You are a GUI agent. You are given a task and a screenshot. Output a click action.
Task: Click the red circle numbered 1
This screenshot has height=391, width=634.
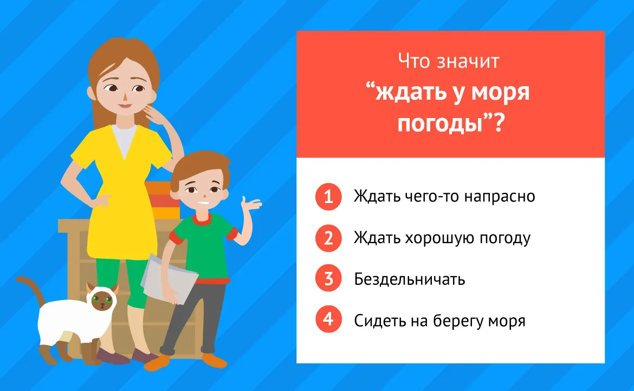(x=328, y=197)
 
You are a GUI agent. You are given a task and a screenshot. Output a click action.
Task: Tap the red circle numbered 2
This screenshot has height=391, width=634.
(x=328, y=238)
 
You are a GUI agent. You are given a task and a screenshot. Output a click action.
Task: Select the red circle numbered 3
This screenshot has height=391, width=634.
(x=328, y=278)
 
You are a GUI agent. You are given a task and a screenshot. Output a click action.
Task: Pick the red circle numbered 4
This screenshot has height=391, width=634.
(x=328, y=319)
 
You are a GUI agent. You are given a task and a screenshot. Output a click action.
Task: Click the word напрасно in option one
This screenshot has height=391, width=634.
(x=500, y=197)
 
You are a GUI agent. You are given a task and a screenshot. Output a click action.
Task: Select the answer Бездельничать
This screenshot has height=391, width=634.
(x=410, y=279)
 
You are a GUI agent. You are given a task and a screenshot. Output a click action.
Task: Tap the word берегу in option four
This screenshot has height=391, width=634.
(x=458, y=321)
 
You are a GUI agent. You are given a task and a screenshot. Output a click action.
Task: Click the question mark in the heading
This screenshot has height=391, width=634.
(x=498, y=123)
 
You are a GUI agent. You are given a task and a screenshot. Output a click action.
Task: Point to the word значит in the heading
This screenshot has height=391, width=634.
(x=468, y=61)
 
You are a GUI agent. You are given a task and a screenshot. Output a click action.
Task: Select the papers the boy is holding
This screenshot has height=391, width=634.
(x=169, y=278)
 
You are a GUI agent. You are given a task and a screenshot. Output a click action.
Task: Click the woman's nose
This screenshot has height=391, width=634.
(x=125, y=97)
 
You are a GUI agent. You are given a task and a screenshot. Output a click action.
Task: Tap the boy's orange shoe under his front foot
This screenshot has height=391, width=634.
(x=157, y=362)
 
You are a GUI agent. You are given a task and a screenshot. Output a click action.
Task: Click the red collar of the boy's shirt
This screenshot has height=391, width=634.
(x=201, y=220)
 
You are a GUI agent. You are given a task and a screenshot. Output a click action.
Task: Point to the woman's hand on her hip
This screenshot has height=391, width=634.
(x=101, y=200)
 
